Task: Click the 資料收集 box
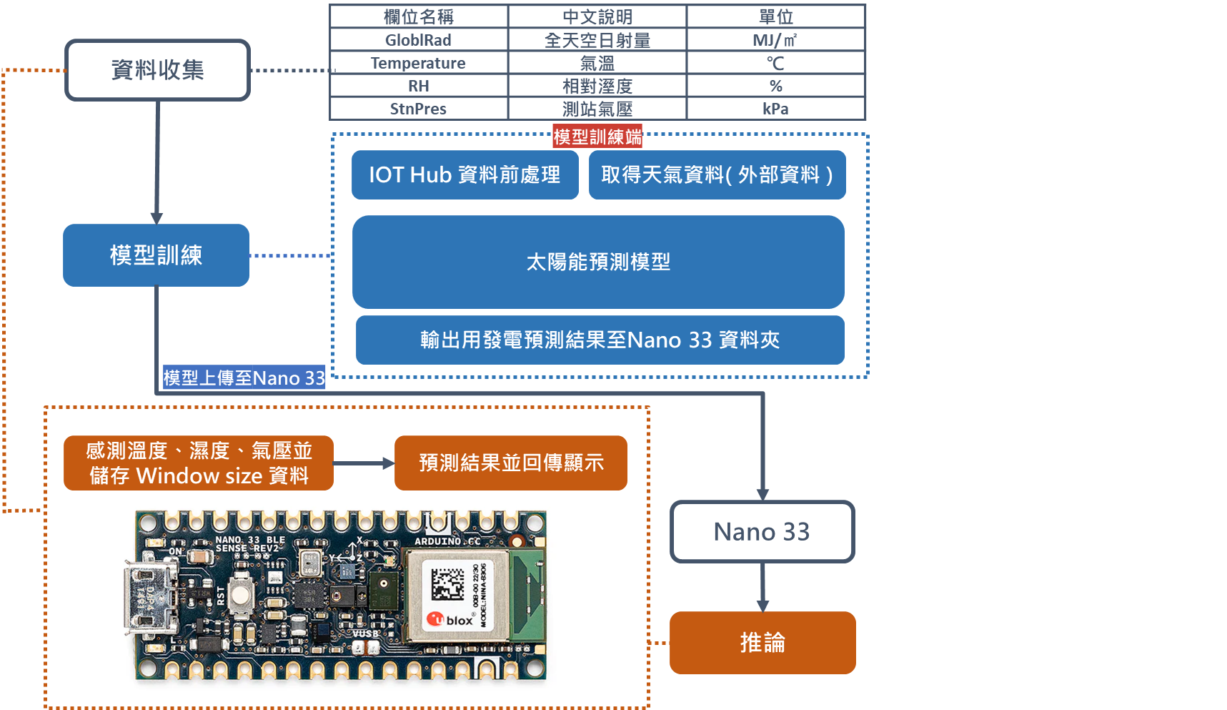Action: click(157, 70)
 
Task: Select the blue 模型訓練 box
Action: click(156, 255)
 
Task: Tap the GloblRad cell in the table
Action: click(418, 40)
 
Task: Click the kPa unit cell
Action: click(775, 109)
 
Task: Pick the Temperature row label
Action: click(418, 63)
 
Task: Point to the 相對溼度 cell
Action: click(597, 86)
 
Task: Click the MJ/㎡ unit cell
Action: click(775, 40)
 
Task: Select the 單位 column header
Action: click(775, 16)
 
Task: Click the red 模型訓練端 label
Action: click(597, 137)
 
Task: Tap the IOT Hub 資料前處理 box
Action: click(465, 174)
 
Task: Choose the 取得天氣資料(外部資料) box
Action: click(717, 174)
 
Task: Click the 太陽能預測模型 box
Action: click(598, 262)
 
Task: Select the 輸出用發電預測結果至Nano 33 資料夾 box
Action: click(600, 340)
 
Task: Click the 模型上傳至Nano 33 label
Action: click(244, 378)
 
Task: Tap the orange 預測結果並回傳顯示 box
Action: click(510, 463)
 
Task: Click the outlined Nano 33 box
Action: click(762, 531)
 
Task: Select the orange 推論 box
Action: click(762, 642)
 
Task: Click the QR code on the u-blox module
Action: click(447, 583)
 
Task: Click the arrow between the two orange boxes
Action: click(364, 463)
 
